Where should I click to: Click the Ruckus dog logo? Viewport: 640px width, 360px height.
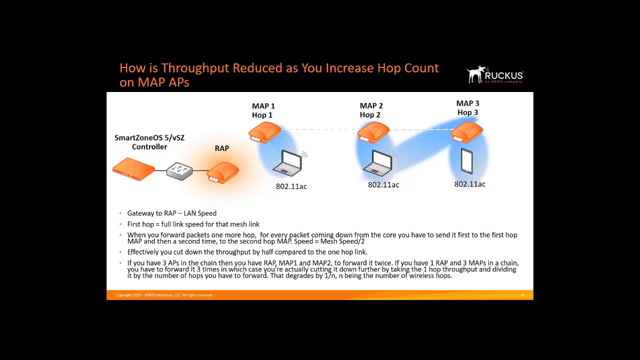(476, 74)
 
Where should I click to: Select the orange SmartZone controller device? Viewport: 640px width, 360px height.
(133, 169)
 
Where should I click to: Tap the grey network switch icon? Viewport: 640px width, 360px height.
(179, 171)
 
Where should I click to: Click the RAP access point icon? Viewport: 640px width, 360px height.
(223, 173)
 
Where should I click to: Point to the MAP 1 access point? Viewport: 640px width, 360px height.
(264, 133)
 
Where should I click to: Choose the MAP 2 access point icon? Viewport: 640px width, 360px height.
(373, 133)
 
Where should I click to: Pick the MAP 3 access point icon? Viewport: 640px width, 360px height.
(467, 132)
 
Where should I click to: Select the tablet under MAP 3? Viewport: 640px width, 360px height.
(466, 161)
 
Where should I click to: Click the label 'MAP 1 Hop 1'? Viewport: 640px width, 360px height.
(263, 110)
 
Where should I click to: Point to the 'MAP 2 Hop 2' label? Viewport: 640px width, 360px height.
(371, 110)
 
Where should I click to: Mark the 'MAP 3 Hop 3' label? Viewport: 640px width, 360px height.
(467, 108)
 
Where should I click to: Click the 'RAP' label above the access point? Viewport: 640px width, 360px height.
(222, 148)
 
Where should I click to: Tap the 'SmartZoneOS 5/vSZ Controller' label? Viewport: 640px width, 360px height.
(149, 142)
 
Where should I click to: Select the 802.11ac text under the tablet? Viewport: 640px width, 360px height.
(469, 184)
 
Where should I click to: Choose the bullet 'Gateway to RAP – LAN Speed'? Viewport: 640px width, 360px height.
(171, 213)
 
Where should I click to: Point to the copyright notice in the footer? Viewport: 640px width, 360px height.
(164, 295)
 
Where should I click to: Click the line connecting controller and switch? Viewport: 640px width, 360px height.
(160, 170)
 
